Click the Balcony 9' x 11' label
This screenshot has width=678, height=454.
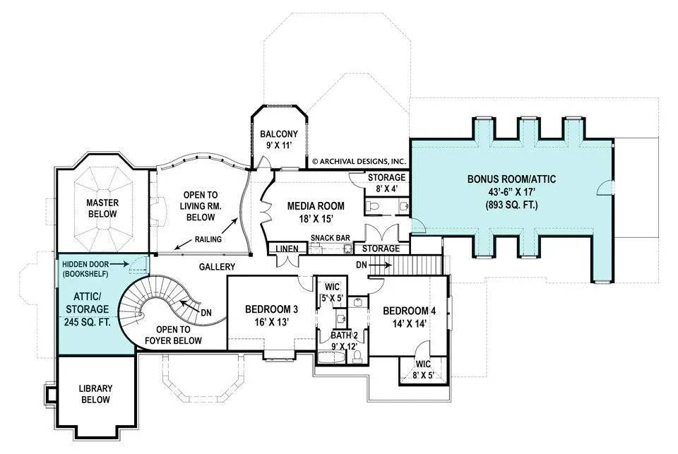(x=278, y=140)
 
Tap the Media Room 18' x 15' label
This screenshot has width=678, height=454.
(x=316, y=212)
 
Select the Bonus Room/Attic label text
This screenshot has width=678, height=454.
(x=511, y=192)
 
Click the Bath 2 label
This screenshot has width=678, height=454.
(x=345, y=340)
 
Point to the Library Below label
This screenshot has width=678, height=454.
(x=94, y=393)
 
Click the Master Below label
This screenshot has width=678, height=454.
(x=102, y=208)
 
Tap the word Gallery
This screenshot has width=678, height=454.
(x=217, y=266)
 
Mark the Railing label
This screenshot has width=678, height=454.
(x=205, y=239)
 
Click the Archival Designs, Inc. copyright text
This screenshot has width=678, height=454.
(x=359, y=161)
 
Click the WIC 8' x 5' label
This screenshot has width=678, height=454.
(x=423, y=369)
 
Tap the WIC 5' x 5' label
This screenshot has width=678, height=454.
(x=331, y=292)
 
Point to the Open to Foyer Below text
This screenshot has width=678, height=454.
(x=173, y=335)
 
